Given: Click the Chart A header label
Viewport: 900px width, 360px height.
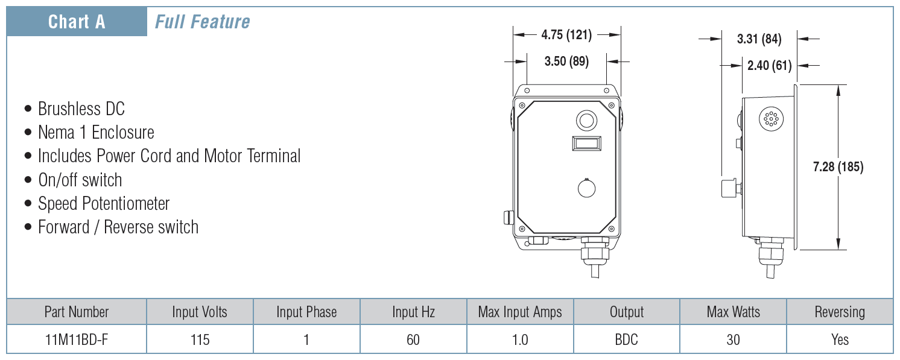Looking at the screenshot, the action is coord(77,22).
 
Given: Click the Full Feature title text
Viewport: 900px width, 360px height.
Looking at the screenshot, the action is coord(203,22).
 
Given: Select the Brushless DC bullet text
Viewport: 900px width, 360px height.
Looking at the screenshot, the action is coord(81,109).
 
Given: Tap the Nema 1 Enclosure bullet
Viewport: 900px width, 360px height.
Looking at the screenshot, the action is coord(96,133).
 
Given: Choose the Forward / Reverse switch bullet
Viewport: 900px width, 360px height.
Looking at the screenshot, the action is coord(118,227).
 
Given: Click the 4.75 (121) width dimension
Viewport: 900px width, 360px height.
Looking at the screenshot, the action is coord(566,35).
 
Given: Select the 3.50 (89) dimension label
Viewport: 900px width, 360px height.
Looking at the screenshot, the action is coord(566,62).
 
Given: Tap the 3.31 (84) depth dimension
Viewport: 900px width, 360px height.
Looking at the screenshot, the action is coord(759,39).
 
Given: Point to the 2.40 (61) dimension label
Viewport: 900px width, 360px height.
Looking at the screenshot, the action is coord(770,65).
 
